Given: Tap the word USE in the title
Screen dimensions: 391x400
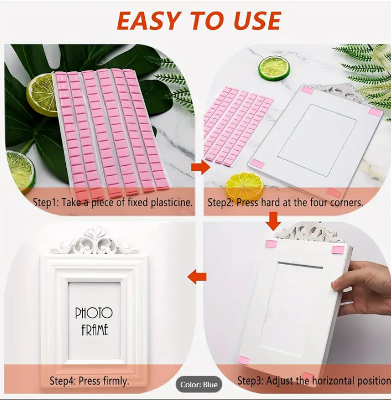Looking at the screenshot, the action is (257, 20).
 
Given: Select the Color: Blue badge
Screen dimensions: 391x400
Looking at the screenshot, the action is (199, 385).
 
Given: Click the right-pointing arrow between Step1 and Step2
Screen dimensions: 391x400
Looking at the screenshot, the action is (201, 167).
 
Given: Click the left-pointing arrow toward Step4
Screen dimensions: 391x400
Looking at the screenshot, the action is (197, 277).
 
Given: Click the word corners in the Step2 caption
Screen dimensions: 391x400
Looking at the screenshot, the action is (347, 203).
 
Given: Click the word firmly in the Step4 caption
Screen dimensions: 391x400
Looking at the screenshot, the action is (116, 381).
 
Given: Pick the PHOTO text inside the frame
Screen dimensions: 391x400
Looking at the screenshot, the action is (93, 313).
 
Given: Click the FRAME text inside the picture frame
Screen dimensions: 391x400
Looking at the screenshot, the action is (95, 330).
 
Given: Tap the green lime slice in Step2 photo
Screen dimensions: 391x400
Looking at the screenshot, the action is (274, 68).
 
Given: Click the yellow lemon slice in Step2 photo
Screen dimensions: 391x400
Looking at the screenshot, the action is (244, 186).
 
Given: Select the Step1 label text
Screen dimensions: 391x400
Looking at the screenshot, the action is (46, 202).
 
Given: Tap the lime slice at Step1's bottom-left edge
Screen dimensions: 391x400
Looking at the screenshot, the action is (20, 169).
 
